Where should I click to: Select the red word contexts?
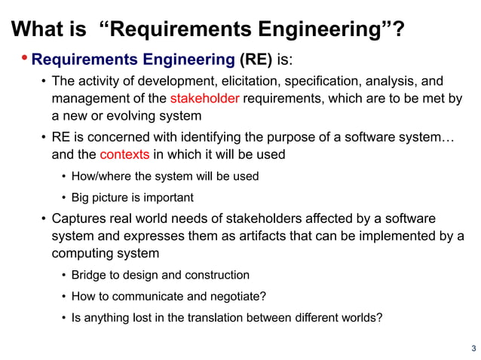point(124,155)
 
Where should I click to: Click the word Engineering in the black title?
point(319,30)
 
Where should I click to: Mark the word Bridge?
point(89,275)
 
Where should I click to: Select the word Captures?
point(78,218)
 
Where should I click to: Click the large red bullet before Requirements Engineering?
point(25,58)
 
